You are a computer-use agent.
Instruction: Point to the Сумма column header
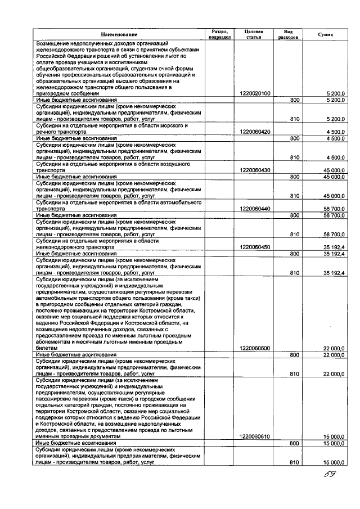pyautogui.click(x=325, y=35)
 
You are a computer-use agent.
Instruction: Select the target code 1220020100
pyautogui.click(x=255, y=93)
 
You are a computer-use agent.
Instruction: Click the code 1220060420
pyautogui.click(x=255, y=132)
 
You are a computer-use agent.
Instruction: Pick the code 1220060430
pyautogui.click(x=255, y=170)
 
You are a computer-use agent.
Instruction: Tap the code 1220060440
pyautogui.click(x=255, y=209)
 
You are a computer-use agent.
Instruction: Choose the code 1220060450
pyautogui.click(x=255, y=247)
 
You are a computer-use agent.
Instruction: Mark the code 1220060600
pyautogui.click(x=255, y=349)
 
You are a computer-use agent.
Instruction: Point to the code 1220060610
pyautogui.click(x=255, y=437)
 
